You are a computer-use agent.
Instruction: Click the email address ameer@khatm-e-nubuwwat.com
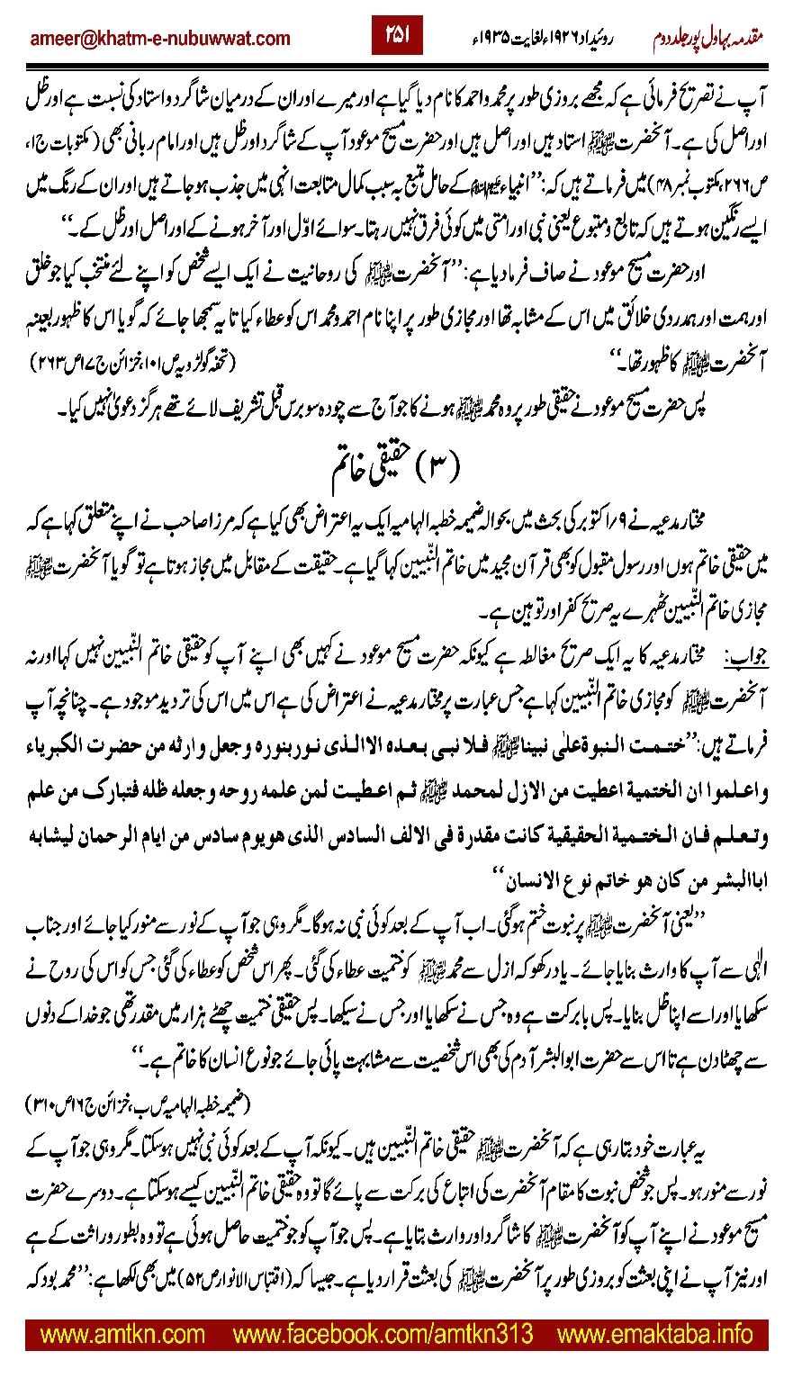tap(159, 38)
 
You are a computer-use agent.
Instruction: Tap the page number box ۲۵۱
tap(396, 34)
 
